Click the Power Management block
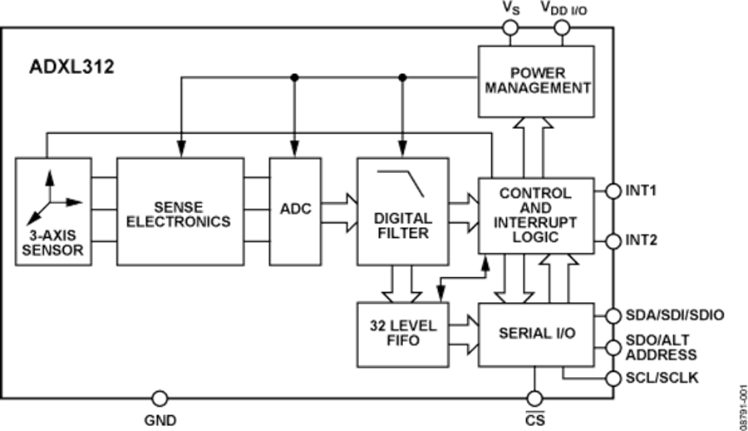click(x=536, y=81)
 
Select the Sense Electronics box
click(x=180, y=211)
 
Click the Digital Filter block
click(x=402, y=211)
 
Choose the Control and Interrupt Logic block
click(x=536, y=215)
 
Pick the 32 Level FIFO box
click(x=402, y=333)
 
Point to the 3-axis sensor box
click(x=52, y=211)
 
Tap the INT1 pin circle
click(x=613, y=191)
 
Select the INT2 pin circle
click(x=613, y=240)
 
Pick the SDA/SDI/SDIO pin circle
click(x=613, y=315)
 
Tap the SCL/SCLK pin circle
click(x=613, y=378)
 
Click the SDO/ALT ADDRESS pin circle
click(x=613, y=346)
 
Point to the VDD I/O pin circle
click(x=562, y=28)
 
